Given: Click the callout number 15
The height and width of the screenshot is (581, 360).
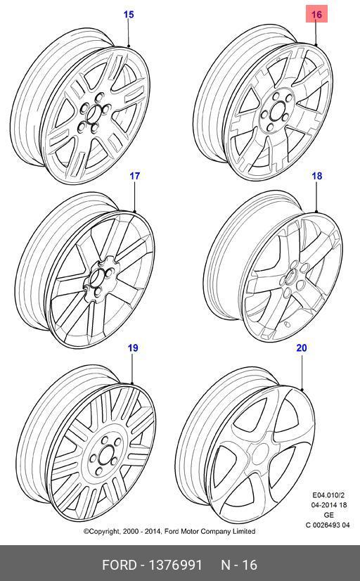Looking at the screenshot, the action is (x=128, y=15).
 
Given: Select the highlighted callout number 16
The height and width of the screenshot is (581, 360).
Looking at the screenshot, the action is (x=316, y=14).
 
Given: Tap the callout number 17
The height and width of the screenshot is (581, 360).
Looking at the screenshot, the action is (x=134, y=176).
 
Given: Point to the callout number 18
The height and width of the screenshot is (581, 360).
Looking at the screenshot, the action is (x=317, y=176).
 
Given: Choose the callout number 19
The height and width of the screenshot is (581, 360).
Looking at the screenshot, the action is (x=133, y=348).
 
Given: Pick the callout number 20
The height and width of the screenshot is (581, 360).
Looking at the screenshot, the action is (x=302, y=348).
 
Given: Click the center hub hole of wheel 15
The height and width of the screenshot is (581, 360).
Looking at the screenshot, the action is (x=94, y=113).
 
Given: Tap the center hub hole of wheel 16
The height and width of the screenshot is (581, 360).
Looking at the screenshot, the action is (x=276, y=111).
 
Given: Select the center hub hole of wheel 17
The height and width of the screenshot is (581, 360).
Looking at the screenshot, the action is (x=97, y=278).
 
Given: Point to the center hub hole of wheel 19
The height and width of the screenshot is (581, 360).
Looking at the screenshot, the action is (x=106, y=454).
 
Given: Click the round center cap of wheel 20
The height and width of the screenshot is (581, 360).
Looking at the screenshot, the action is (x=259, y=454).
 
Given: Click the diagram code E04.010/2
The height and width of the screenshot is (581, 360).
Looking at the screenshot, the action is (x=328, y=495).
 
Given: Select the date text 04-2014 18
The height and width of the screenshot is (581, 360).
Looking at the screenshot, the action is (x=328, y=505).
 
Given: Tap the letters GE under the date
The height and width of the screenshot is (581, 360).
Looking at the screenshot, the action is (x=328, y=515).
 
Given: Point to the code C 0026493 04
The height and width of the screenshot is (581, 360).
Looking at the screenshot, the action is (x=328, y=525).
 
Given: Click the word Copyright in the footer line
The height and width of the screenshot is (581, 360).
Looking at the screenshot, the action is (x=102, y=532).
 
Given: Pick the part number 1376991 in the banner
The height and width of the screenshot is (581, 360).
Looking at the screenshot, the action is (x=175, y=565).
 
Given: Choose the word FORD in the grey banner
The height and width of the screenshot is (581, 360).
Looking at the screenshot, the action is (x=120, y=565).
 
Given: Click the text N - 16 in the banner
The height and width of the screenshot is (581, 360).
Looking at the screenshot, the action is (x=239, y=565).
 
